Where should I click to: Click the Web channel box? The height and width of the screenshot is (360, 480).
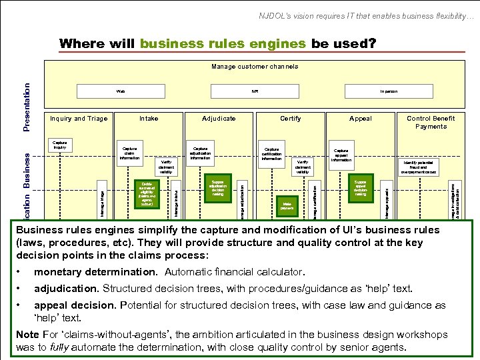tap(121, 91)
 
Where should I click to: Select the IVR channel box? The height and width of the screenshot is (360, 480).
tap(254, 91)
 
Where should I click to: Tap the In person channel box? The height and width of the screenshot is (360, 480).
tap(389, 91)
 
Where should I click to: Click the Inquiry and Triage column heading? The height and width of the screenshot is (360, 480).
tap(79, 119)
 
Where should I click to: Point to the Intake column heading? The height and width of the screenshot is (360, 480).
tap(149, 119)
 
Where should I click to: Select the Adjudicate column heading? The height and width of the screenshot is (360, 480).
tap(219, 119)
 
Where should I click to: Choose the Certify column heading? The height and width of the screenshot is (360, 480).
tap(290, 119)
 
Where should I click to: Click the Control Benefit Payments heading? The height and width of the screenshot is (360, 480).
tap(431, 123)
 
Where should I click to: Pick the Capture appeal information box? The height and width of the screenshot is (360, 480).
tap(341, 155)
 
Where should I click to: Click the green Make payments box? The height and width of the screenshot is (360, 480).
tap(287, 205)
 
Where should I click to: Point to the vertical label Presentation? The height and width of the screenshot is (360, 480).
tap(27, 107)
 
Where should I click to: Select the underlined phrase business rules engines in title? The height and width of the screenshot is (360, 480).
tap(223, 44)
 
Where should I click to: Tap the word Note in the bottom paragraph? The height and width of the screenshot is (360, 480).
tap(27, 333)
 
